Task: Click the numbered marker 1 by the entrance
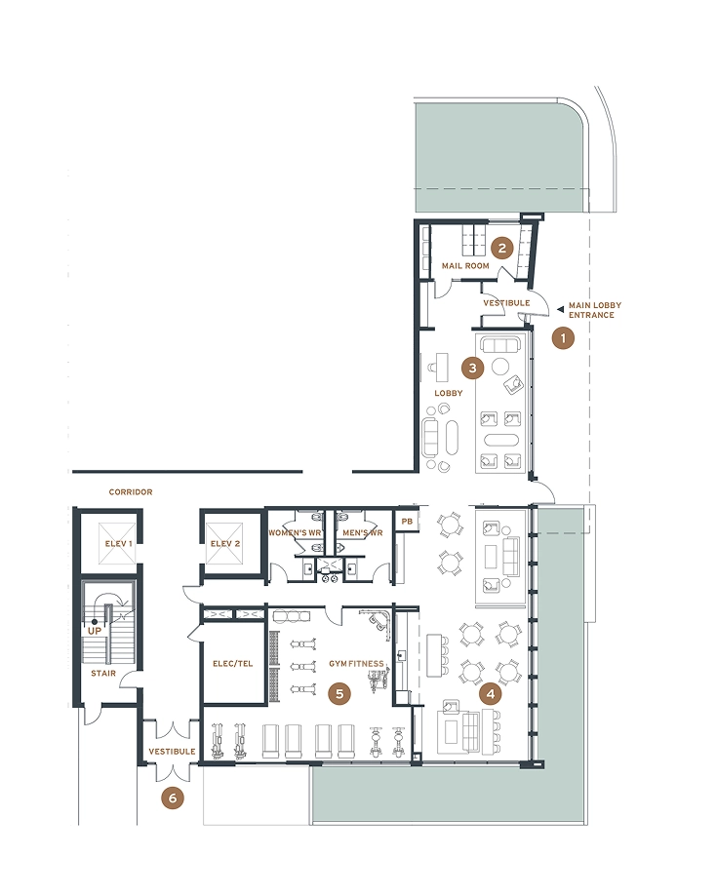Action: pyautogui.click(x=563, y=338)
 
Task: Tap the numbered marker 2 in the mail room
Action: pyautogui.click(x=502, y=248)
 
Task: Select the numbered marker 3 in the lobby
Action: pyautogui.click(x=472, y=369)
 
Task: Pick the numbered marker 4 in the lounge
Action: pyautogui.click(x=490, y=694)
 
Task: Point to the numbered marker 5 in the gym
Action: pyautogui.click(x=339, y=693)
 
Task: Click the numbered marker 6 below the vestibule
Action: pyautogui.click(x=173, y=798)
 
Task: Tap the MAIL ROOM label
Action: pyautogui.click(x=465, y=266)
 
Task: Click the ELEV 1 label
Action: pyautogui.click(x=118, y=543)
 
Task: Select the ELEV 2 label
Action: pyautogui.click(x=225, y=543)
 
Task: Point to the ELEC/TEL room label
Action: pyautogui.click(x=232, y=664)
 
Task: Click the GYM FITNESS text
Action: pyautogui.click(x=356, y=664)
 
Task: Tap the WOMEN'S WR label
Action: pyautogui.click(x=295, y=532)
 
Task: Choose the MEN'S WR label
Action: pyautogui.click(x=363, y=532)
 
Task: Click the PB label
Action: pyautogui.click(x=407, y=522)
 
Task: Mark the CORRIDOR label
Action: pyautogui.click(x=131, y=492)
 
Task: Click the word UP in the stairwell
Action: pyautogui.click(x=95, y=631)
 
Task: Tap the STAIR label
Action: pyautogui.click(x=103, y=674)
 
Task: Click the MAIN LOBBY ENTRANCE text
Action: pyautogui.click(x=595, y=310)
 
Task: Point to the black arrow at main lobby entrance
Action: pyautogui.click(x=561, y=309)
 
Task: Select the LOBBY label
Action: pyautogui.click(x=449, y=393)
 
